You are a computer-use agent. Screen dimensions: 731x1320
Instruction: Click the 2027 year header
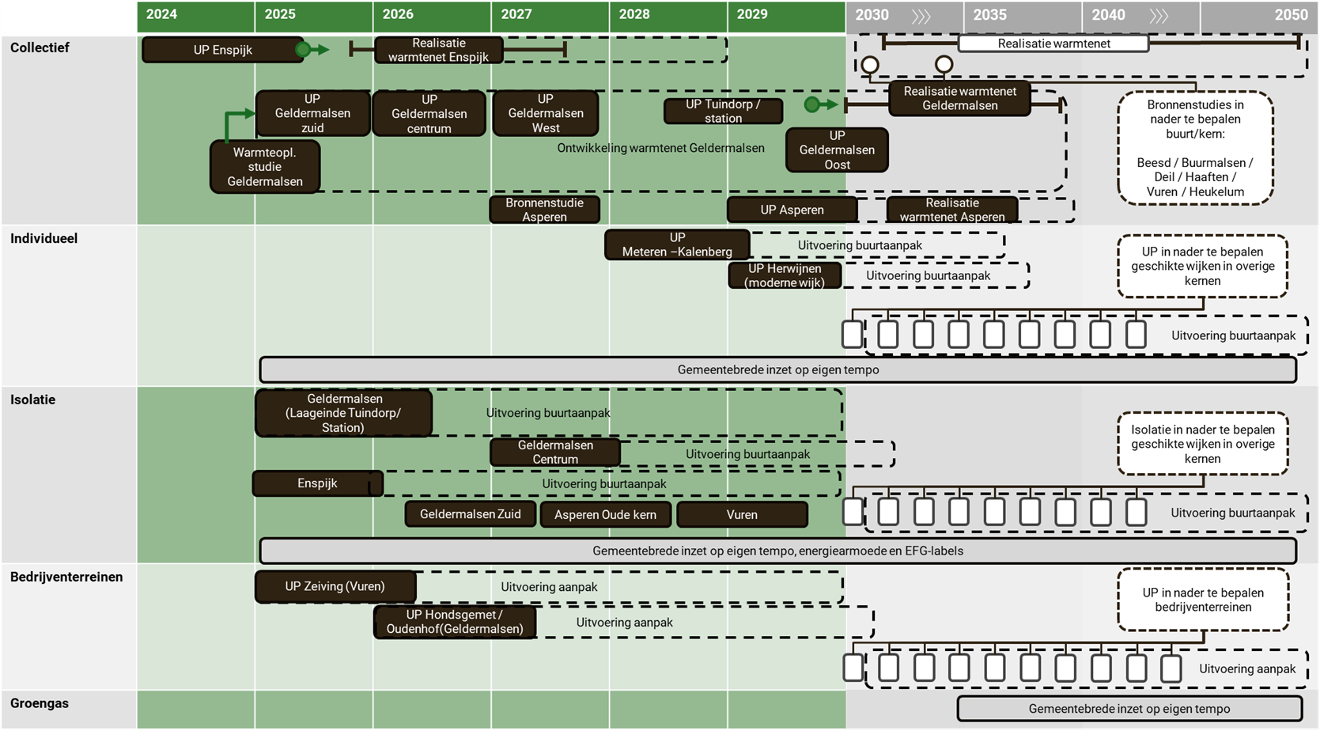point(516,14)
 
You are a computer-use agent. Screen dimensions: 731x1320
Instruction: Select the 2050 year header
point(1290,14)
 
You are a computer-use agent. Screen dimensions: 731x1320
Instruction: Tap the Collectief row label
point(40,47)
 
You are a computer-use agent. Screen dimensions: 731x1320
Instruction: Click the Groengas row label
point(40,703)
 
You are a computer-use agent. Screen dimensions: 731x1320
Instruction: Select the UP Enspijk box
point(222,50)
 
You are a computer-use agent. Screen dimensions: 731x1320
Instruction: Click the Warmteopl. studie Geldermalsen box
point(265,167)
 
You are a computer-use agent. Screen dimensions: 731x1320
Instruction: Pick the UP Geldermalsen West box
point(545,113)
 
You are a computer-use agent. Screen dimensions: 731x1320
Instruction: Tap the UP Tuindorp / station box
point(723,111)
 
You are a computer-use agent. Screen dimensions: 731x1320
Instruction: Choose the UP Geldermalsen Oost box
point(837,150)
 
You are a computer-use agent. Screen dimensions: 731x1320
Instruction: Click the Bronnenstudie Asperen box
point(544,210)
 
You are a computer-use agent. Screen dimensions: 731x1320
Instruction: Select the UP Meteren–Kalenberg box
point(677,244)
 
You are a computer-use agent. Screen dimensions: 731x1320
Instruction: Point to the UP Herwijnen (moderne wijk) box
point(785,275)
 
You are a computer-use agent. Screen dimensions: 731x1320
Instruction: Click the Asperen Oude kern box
point(605,514)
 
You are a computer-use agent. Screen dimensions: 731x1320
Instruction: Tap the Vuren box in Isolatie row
point(742,514)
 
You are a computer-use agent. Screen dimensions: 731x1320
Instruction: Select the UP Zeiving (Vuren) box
point(335,586)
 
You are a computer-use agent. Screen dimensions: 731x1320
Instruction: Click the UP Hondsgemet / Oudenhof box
point(455,622)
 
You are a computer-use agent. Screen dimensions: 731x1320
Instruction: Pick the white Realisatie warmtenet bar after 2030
point(1053,44)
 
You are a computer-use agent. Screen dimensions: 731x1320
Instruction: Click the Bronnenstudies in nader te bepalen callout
point(1195,148)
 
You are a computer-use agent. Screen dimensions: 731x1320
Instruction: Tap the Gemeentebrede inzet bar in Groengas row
point(1129,709)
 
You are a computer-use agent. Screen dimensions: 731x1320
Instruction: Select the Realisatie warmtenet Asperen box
point(952,210)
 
